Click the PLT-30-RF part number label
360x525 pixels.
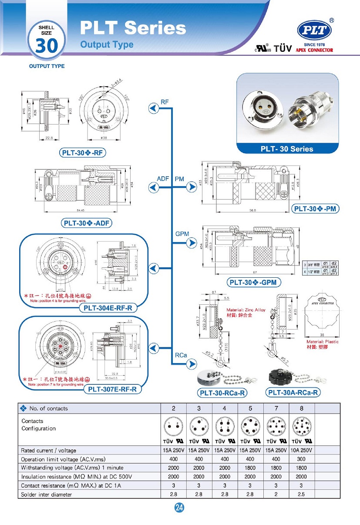click(x=83, y=152)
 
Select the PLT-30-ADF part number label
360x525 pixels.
click(x=87, y=223)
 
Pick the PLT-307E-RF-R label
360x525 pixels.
click(x=115, y=389)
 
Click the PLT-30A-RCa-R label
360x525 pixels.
click(x=293, y=392)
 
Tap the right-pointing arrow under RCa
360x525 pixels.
click(x=191, y=365)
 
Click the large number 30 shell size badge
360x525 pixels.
click(x=47, y=45)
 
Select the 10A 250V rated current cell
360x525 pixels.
click(x=301, y=450)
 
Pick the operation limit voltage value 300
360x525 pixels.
click(x=301, y=459)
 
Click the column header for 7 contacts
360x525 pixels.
click(x=276, y=408)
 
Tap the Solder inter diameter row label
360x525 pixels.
click(x=47, y=494)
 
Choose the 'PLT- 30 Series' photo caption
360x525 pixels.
click(x=287, y=149)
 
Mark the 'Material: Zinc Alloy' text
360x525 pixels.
click(x=246, y=310)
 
